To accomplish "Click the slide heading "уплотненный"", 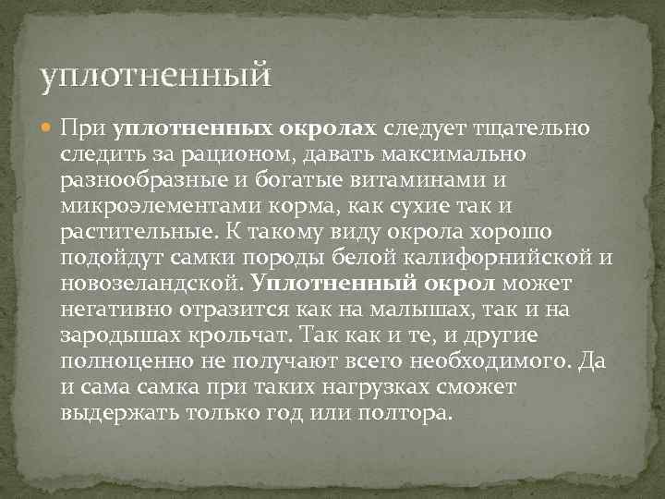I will tap(156, 74).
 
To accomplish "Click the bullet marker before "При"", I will tap(46, 127).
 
